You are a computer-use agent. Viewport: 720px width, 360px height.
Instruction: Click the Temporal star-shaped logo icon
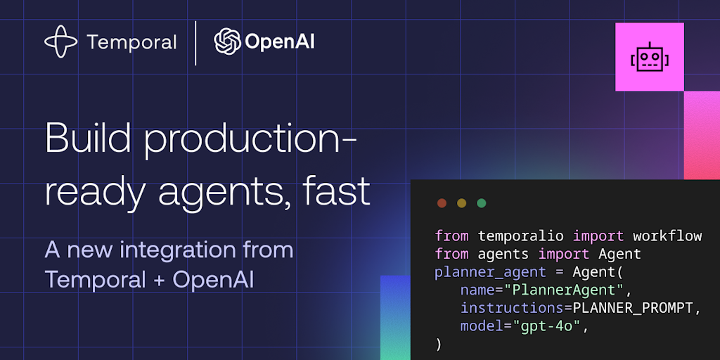coord(61,41)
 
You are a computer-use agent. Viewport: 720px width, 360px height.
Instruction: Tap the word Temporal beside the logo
coord(131,42)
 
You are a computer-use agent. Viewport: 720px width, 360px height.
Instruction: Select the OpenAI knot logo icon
coord(228,41)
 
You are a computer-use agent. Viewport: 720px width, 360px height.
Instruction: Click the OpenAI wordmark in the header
coord(280,42)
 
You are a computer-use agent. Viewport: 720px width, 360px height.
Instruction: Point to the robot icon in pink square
coord(649,58)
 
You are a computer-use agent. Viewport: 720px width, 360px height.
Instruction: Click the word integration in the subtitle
coord(176,250)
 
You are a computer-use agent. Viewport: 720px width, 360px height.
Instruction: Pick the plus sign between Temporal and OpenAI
coord(156,280)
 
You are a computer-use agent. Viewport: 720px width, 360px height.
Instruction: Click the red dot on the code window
coord(442,203)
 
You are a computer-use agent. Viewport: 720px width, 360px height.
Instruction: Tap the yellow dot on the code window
coord(461,203)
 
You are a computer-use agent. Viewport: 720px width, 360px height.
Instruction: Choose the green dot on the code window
coord(481,203)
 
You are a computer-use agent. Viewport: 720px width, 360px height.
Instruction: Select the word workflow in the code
coord(667,236)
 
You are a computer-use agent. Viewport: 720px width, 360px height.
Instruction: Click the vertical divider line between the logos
coord(195,42)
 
